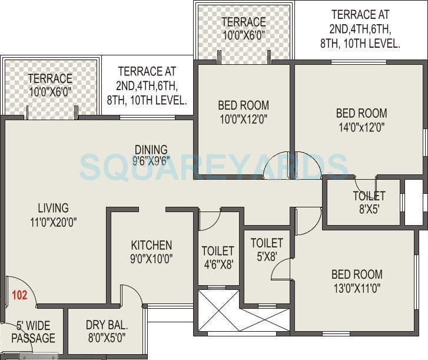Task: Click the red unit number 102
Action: click(19, 295)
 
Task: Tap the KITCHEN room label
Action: click(151, 245)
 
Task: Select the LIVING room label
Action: click(53, 208)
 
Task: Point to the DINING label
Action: click(151, 150)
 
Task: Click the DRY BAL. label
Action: click(107, 325)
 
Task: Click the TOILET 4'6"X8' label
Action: click(217, 251)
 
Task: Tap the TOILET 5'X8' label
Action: click(267, 243)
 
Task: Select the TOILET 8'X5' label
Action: click(369, 196)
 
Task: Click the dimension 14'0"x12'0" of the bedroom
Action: click(361, 127)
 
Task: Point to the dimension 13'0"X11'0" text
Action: click(356, 288)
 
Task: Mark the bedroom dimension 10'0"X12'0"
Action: click(243, 119)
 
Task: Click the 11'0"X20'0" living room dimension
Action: click(53, 222)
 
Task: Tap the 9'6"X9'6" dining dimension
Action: click(151, 161)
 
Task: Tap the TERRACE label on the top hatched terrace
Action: click(243, 22)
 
